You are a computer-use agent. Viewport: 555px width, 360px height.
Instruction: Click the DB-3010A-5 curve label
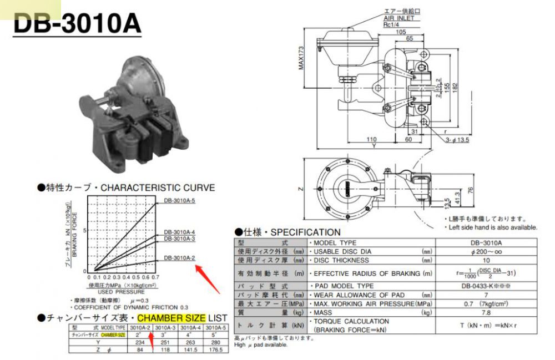(179, 200)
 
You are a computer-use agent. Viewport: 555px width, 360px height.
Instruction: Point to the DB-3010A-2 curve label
(179, 258)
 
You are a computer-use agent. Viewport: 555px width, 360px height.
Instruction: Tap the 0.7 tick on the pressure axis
(155, 277)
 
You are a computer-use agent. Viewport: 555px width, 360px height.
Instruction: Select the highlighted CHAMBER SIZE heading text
(171, 318)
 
